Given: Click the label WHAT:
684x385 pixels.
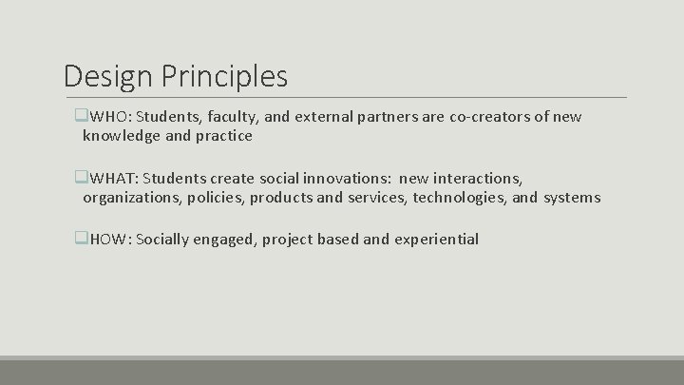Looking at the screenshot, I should pyautogui.click(x=114, y=178).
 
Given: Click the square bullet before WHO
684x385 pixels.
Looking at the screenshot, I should pyautogui.click(x=81, y=117).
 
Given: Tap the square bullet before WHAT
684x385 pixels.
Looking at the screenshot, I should pyautogui.click(x=81, y=178).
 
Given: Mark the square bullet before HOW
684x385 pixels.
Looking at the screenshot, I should pyautogui.click(x=81, y=239).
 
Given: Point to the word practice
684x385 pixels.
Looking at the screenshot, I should pyautogui.click(x=223, y=136).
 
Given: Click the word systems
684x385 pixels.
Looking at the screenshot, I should pyautogui.click(x=572, y=198).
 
